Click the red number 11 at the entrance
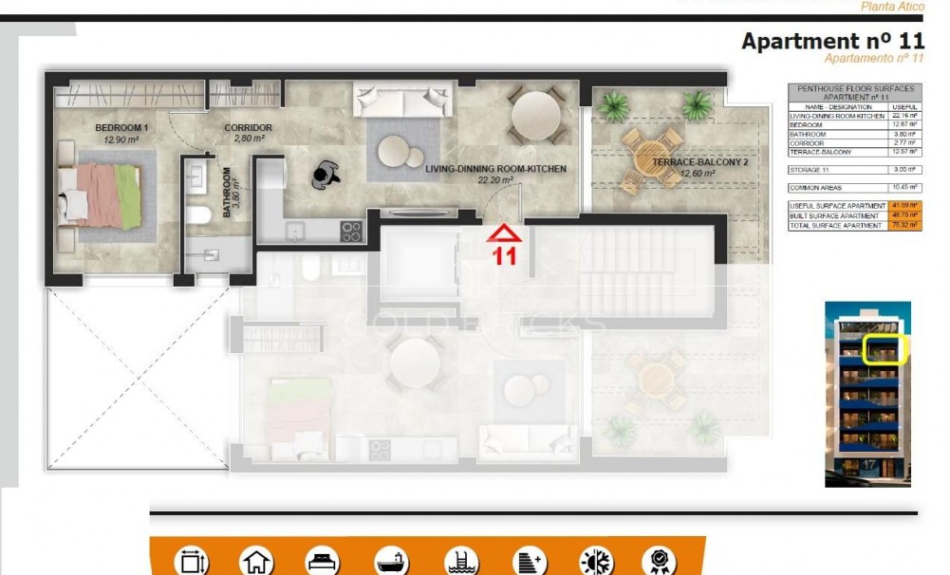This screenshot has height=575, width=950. coord(504,254)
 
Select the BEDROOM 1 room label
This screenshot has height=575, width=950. coord(121,128)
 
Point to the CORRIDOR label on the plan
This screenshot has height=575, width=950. coord(248,128)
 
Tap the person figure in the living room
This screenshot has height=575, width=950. coord(327,171)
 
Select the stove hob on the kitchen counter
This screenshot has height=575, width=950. coord(351,231)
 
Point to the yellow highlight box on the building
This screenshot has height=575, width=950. coord(886,348)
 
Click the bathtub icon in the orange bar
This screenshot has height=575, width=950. coord(391,561)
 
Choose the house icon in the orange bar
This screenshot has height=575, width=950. coord(255,561)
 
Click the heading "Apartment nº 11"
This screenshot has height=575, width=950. coord(832,42)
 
